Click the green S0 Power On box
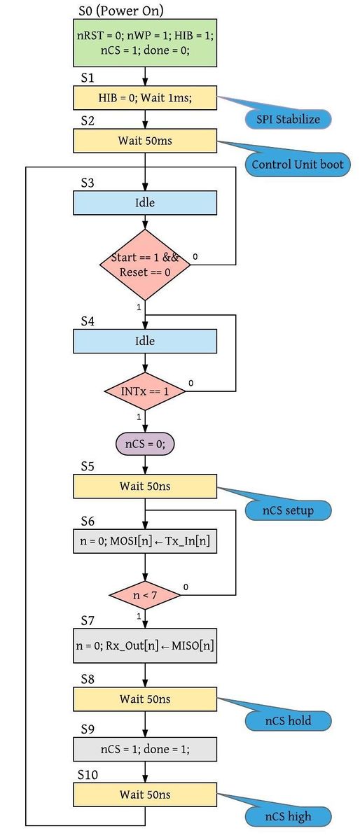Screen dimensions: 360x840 tap(145, 43)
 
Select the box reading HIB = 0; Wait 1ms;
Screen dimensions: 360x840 tap(145, 98)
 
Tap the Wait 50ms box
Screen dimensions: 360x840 tap(145, 141)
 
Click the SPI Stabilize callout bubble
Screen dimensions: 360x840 tap(289, 120)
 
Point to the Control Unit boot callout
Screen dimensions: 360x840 tap(298, 164)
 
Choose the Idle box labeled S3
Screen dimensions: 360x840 tap(145, 203)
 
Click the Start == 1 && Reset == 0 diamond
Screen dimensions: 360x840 tap(145, 265)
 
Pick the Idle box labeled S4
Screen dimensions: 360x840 tap(145, 342)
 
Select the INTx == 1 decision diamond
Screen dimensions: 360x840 tap(145, 391)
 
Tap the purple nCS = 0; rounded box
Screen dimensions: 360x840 tap(145, 444)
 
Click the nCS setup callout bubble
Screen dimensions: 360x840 tap(289, 510)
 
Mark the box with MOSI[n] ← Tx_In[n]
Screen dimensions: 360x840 tap(145, 541)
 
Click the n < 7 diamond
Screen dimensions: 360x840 tap(145, 595)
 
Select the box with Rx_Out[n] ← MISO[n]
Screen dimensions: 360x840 tap(145, 645)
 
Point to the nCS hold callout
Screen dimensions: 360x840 tap(289, 721)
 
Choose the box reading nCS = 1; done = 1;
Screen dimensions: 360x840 tap(145, 749)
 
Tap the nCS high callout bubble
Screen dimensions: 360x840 tap(289, 816)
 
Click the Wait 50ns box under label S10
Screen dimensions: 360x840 tap(145, 794)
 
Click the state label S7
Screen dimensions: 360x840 tap(88, 621)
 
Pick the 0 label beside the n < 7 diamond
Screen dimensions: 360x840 tap(186, 587)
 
